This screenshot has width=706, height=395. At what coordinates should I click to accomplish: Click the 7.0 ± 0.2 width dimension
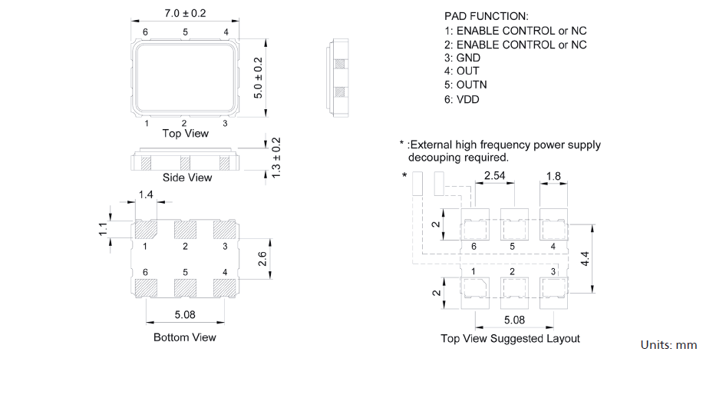point(185,14)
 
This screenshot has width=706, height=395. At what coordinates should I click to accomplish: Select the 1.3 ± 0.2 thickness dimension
point(277,158)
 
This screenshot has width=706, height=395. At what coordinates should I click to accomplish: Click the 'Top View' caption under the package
point(185,134)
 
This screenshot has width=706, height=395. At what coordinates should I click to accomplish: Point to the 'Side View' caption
point(187,178)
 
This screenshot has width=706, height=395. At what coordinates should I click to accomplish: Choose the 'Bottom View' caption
point(185,337)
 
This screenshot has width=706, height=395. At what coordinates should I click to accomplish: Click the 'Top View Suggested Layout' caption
point(510,338)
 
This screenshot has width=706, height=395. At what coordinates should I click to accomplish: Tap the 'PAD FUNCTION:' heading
point(486,16)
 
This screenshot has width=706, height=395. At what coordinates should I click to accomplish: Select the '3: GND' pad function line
point(462,58)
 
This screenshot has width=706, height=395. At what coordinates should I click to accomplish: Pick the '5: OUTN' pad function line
point(465,85)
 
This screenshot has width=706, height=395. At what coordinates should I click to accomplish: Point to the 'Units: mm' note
point(668,345)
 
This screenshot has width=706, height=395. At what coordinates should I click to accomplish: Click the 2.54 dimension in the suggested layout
point(495,177)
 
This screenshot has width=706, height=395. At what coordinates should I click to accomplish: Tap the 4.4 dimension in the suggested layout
point(585,259)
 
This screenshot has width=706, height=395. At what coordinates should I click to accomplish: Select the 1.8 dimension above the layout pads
point(553,177)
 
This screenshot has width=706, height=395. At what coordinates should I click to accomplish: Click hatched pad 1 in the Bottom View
point(146,229)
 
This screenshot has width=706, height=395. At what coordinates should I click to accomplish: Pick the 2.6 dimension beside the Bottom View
point(262,259)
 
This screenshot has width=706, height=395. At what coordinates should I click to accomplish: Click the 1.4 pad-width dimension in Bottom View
point(146,196)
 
